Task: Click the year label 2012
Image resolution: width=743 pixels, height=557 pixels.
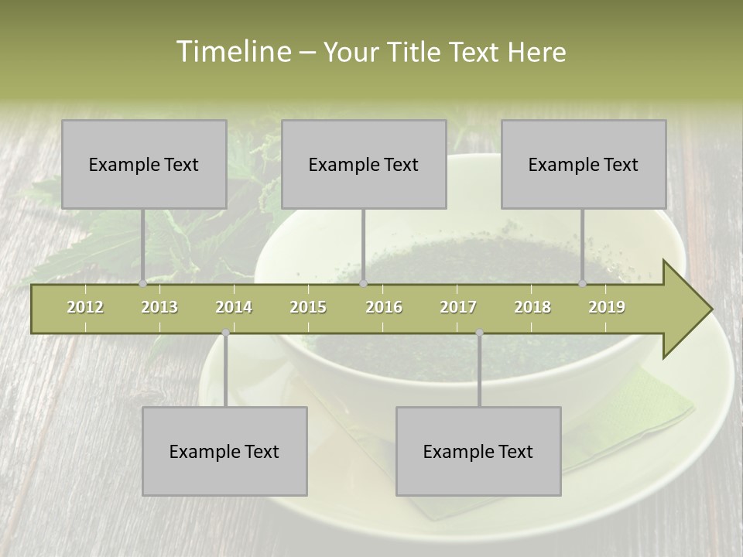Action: pos(85,307)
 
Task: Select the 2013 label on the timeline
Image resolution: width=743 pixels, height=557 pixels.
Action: pos(159,307)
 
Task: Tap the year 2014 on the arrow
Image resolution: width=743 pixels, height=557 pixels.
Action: pos(234,307)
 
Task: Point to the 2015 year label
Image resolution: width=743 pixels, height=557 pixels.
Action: pos(308,307)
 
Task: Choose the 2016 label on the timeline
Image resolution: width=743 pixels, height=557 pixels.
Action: pos(384,307)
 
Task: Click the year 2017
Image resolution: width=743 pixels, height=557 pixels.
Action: pos(458,307)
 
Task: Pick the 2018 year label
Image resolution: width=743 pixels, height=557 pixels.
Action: pos(532,307)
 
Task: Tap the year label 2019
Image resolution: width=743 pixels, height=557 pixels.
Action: pos(607,307)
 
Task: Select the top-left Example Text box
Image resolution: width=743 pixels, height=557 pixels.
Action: pos(144,164)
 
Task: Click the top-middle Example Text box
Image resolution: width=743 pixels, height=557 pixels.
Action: pos(364,164)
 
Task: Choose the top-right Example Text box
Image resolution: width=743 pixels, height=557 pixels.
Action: pos(584,164)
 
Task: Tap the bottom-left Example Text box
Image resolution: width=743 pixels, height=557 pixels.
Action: pos(224,451)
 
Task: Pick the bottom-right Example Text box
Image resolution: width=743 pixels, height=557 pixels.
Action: pos(478,451)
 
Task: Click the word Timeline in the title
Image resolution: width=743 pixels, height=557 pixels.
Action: pos(231,52)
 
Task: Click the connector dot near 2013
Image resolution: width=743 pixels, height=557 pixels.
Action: pos(143,284)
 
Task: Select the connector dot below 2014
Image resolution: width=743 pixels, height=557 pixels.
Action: pos(225,333)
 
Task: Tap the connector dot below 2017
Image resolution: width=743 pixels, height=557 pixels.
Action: pos(479,333)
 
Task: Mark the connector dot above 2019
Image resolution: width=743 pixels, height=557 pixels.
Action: pos(583,284)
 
